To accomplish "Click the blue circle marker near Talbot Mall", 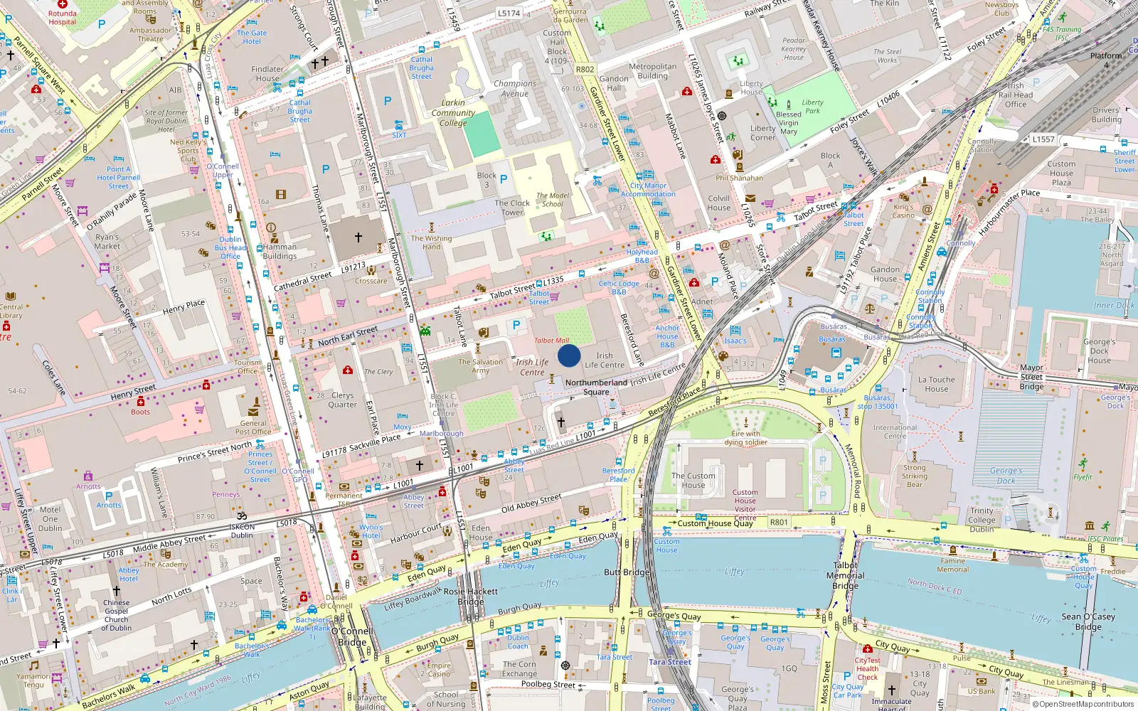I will (569, 355).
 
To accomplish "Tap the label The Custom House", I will (693, 481).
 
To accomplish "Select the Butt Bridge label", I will (627, 572).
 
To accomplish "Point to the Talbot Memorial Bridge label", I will (846, 576).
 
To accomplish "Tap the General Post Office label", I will (253, 427).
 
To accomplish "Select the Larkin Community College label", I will (453, 113).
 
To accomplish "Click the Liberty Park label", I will (812, 107).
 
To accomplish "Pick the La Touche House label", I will (937, 384).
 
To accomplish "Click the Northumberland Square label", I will (596, 387).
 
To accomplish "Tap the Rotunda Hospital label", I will (63, 18).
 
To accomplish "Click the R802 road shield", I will (585, 70).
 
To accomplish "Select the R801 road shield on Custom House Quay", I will (779, 523).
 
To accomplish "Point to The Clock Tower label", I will (512, 208).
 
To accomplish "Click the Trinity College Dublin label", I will (982, 520).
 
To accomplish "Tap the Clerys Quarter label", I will (342, 400).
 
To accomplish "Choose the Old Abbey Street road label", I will (531, 503).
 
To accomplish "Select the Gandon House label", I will (885, 274).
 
